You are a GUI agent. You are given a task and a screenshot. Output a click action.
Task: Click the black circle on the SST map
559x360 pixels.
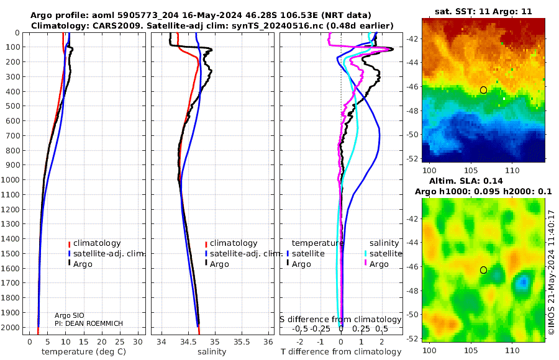click(x=483, y=90)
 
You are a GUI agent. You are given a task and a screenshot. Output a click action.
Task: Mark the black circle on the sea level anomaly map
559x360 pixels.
click(x=483, y=270)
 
